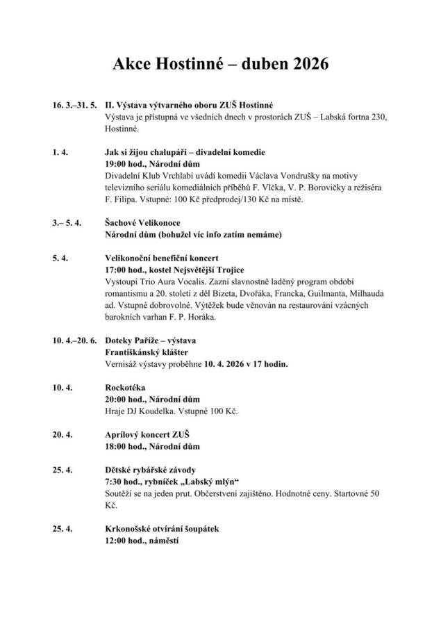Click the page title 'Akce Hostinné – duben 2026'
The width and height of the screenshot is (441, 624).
point(220,65)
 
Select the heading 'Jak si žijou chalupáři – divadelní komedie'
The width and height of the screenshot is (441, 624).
point(185,152)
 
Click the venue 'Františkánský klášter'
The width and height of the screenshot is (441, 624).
point(147,352)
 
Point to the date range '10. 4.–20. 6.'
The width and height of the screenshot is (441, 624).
point(74,340)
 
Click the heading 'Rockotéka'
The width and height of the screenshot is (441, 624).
point(125,388)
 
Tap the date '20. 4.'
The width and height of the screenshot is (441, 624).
point(63,434)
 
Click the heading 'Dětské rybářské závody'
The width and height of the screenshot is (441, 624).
point(151,470)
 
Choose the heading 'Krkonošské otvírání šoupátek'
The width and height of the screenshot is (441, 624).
point(162,529)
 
